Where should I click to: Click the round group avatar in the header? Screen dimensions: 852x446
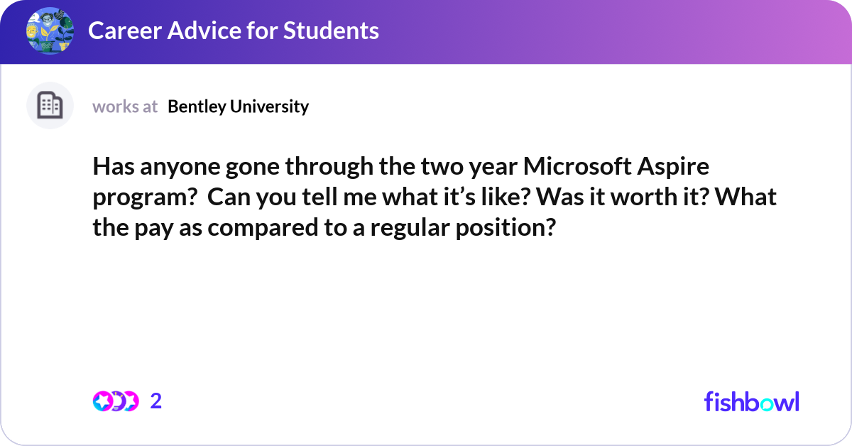coord(50,31)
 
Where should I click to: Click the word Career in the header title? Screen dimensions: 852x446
coord(125,31)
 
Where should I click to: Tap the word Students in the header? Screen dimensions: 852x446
coord(331,31)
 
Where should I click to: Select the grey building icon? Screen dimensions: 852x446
coord(50,105)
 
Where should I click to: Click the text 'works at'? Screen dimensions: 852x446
coord(125,107)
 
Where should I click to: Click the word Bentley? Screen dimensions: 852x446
coord(197,107)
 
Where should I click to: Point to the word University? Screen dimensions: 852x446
coord(269,107)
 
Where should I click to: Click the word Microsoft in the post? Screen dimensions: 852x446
coord(577,166)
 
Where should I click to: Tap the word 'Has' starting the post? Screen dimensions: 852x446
coord(114,166)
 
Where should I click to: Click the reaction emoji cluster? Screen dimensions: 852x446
coord(116,401)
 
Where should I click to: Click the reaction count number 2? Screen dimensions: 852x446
coord(156,401)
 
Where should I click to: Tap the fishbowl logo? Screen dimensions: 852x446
coord(752,401)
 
